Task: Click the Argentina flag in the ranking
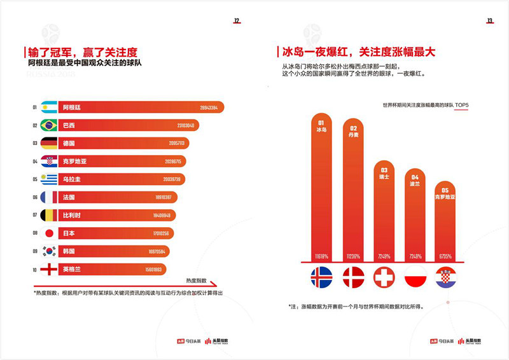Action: pos(49,107)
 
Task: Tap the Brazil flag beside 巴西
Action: pos(49,125)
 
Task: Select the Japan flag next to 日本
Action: pos(49,233)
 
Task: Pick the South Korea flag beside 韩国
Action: pos(49,251)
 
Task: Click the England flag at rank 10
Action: pos(49,269)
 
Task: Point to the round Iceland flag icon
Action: pos(321,277)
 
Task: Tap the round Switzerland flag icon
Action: pos(384,277)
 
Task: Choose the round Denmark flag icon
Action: pos(352,277)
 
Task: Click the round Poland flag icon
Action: pos(415,277)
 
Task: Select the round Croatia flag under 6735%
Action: pos(445,277)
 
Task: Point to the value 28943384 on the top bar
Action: pos(209,108)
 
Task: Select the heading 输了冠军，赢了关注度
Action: pos(83,52)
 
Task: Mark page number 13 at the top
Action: pos(490,21)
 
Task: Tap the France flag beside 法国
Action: pos(49,197)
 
